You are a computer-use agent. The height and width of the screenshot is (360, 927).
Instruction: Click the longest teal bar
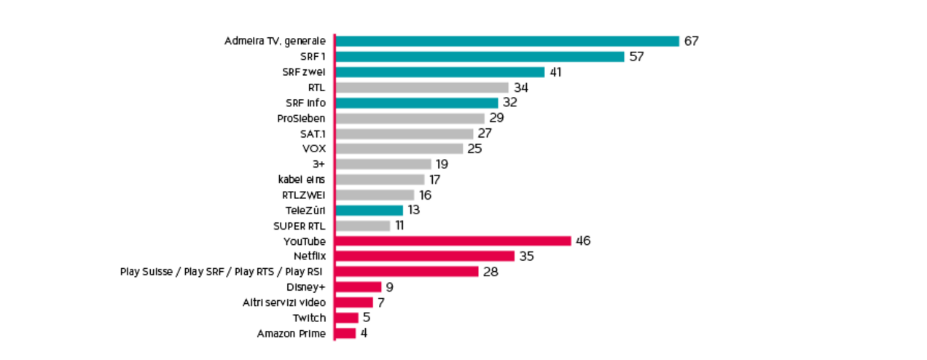tap(509, 41)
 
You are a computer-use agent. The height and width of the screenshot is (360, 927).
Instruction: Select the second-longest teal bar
tap(481, 56)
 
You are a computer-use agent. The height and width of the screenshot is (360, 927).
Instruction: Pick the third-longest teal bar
tap(441, 71)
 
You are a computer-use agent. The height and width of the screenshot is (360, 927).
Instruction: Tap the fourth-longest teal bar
tap(418, 103)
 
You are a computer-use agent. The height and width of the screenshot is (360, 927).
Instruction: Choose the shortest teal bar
tap(370, 211)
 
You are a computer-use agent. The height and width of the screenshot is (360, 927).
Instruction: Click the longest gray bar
tap(423, 87)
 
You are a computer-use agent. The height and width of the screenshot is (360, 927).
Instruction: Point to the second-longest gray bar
tap(411, 118)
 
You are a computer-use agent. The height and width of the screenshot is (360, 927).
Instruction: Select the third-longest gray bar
tap(405, 134)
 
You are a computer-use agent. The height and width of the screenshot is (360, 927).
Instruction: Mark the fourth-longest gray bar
tap(401, 149)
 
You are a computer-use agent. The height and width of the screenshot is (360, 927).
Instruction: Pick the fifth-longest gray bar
tap(385, 164)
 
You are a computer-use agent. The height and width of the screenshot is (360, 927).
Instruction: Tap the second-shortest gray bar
tap(376, 195)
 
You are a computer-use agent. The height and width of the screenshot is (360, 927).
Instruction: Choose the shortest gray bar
tap(364, 226)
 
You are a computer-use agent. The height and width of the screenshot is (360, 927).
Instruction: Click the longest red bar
tap(455, 241)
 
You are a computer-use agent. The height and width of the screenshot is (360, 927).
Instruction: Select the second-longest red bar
tap(426, 257)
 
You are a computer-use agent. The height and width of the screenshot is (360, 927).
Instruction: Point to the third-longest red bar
tap(409, 272)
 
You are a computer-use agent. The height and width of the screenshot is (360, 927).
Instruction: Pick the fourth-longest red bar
tap(361, 287)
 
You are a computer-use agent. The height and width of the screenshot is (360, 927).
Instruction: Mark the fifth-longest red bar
tap(356, 302)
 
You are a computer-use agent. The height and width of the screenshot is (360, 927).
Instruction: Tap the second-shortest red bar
tap(348, 318)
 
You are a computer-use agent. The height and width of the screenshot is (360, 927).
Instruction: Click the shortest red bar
tap(348, 334)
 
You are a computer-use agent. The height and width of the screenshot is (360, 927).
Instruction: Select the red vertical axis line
tap(334, 187)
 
